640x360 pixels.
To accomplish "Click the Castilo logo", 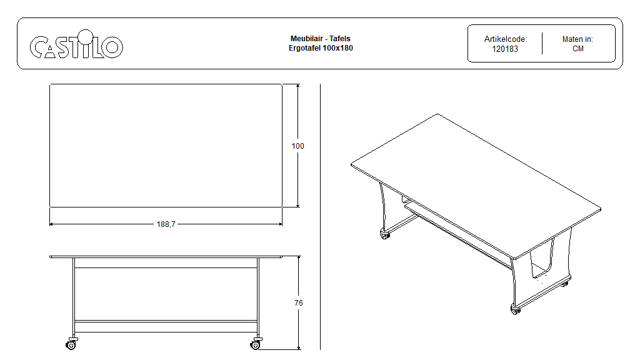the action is pyautogui.click(x=76, y=44).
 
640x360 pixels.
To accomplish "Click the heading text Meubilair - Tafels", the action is pyautogui.click(x=321, y=39).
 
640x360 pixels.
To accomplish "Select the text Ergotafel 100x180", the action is pyautogui.click(x=321, y=48).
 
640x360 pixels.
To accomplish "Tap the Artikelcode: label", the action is pyautogui.click(x=505, y=39).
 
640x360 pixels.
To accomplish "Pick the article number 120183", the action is pyautogui.click(x=505, y=49).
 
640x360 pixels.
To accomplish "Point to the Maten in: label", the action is pyautogui.click(x=577, y=39).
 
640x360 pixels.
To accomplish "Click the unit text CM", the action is pyautogui.click(x=578, y=49).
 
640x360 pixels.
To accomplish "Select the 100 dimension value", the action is pyautogui.click(x=298, y=146).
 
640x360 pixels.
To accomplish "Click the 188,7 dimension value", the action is pyautogui.click(x=166, y=224).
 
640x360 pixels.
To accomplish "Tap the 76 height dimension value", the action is pyautogui.click(x=299, y=303).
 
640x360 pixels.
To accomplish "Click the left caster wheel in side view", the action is pyautogui.click(x=71, y=345).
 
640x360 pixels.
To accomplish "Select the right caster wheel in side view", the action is pyautogui.click(x=256, y=345).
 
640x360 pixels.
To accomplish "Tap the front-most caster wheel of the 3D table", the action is pyautogui.click(x=516, y=309).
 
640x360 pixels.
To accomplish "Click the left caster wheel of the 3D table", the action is pyautogui.click(x=385, y=234).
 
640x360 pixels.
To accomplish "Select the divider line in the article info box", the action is pyautogui.click(x=542, y=43).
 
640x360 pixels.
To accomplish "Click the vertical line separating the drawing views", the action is pyautogui.click(x=321, y=217).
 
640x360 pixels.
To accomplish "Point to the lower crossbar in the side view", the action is pyautogui.click(x=166, y=321).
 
